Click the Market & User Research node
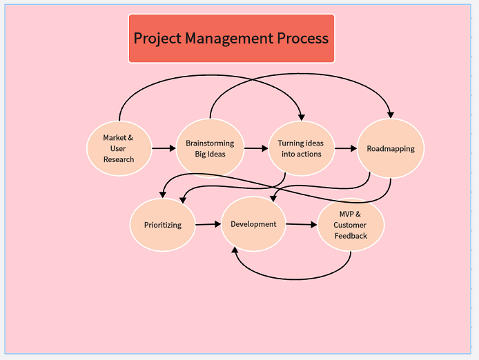119,148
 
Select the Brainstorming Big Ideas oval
210,148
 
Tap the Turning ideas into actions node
301,148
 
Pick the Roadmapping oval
391,148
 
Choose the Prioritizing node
163,225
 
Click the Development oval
253,224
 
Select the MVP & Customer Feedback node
351,225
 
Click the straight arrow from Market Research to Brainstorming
164,148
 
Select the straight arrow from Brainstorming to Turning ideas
255,148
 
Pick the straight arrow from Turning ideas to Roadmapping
345,148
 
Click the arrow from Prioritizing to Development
207,224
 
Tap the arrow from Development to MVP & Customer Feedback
302,224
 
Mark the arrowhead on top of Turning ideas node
300,117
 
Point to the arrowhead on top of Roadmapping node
391,114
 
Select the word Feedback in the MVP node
351,236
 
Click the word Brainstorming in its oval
210,143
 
